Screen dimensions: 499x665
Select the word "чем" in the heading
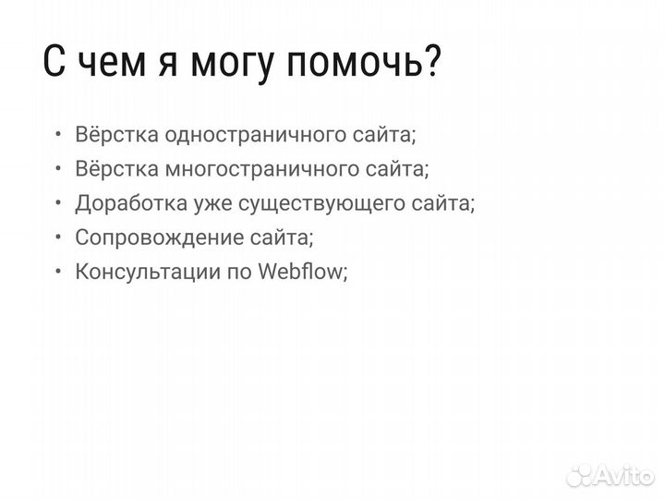(110, 66)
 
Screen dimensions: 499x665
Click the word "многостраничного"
(248, 169)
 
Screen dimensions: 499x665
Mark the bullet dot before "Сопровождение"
(58, 237)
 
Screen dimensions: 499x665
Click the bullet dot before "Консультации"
(58, 272)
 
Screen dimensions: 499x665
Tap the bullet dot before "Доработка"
(58, 203)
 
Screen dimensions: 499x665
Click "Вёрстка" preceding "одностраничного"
(115, 135)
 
